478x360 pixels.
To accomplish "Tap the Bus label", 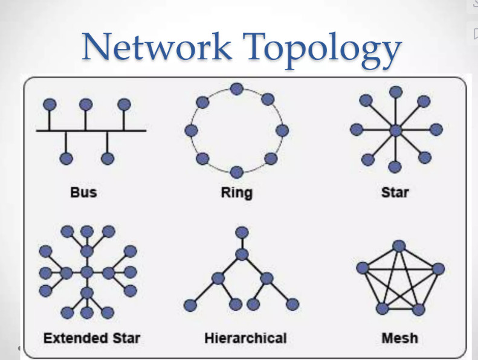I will pyautogui.click(x=83, y=193).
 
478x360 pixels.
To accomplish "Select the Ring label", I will pyautogui.click(x=237, y=193).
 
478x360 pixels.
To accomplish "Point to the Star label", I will pyautogui.click(x=395, y=193).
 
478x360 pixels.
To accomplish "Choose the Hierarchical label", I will pyautogui.click(x=245, y=337).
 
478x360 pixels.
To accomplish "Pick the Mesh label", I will pyautogui.click(x=399, y=337).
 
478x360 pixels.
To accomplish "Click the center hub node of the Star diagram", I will pyautogui.click(x=396, y=130).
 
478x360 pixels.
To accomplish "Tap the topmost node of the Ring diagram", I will pyautogui.click(x=237, y=89).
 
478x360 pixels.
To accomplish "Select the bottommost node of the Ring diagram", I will pyautogui.click(x=237, y=172).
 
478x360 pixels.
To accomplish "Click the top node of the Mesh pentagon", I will pyautogui.click(x=399, y=246).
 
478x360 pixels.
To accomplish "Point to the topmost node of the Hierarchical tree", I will pyautogui.click(x=242, y=232).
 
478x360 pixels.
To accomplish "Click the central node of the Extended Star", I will pyautogui.click(x=87, y=272).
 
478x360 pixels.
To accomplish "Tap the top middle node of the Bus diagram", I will pyautogui.click(x=86, y=103).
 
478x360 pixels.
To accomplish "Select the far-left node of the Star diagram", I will pyautogui.click(x=357, y=129).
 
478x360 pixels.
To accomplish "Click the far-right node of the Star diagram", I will pyautogui.click(x=436, y=129).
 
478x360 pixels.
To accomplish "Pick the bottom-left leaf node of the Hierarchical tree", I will pyautogui.click(x=192, y=304).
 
